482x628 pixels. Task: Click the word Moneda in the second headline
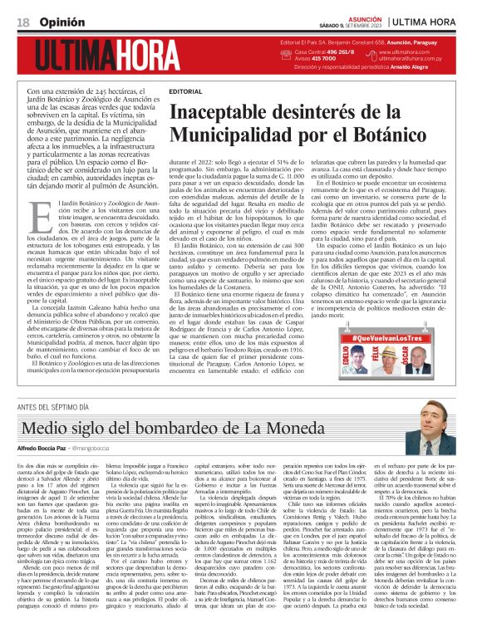[x=287, y=405]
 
